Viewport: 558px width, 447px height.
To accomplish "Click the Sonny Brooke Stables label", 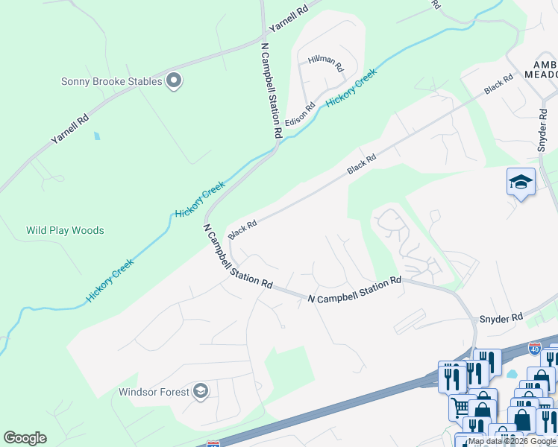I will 111,80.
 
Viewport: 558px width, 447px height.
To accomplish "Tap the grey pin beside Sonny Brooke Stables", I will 174,80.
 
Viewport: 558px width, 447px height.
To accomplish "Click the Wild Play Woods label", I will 65,230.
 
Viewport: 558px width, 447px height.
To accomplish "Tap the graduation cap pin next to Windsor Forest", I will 200,391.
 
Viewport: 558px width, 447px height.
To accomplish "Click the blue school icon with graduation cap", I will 521,182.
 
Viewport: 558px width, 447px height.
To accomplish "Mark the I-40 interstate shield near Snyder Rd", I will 534,348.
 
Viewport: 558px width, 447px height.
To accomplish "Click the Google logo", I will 25,438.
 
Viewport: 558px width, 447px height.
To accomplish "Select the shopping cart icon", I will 460,406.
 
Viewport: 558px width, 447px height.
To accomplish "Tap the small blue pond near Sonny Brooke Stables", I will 95,136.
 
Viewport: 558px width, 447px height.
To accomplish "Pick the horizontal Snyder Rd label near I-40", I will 501,318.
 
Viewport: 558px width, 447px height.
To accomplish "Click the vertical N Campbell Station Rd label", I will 270,89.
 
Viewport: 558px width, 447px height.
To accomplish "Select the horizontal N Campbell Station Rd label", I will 355,290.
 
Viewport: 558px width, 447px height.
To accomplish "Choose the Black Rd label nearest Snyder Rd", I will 498,83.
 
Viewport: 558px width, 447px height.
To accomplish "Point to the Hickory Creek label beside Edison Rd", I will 351,88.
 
